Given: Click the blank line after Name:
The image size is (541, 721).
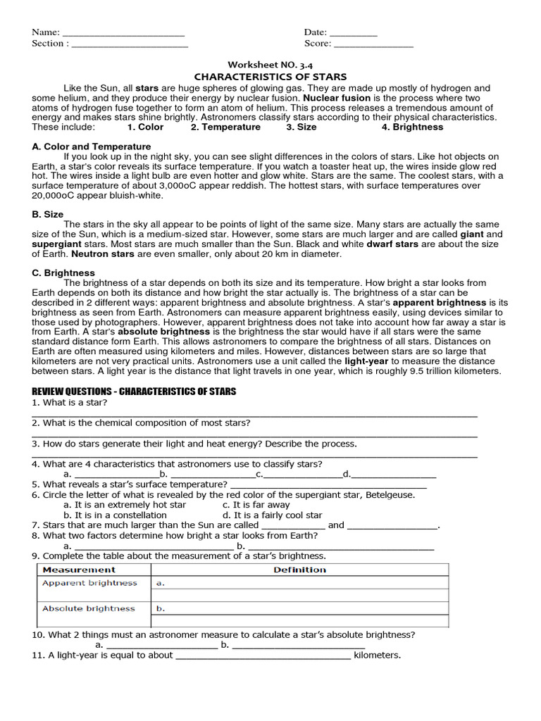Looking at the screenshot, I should click(123, 33).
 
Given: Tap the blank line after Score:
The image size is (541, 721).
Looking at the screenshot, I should click(373, 44).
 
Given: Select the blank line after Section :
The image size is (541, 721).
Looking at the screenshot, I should click(130, 44).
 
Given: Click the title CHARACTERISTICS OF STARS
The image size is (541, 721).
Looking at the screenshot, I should click(270, 77).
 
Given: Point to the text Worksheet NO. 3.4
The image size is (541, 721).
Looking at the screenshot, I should click(270, 64).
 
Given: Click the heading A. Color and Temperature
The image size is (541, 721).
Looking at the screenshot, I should click(92, 146).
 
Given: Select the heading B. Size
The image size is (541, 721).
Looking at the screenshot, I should click(48, 214).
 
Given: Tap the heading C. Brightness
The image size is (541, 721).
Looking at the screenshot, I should click(63, 272).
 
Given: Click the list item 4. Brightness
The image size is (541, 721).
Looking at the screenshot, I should click(412, 127).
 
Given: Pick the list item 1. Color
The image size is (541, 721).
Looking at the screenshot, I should click(145, 127).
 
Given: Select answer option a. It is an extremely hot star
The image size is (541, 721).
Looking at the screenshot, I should click(125, 505).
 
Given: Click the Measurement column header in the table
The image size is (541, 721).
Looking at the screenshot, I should click(79, 570).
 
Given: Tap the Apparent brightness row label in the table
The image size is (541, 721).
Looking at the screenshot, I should click(89, 583).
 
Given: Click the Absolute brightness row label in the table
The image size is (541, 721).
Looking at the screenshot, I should click(88, 608).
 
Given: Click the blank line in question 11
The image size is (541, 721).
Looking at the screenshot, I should click(262, 656).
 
